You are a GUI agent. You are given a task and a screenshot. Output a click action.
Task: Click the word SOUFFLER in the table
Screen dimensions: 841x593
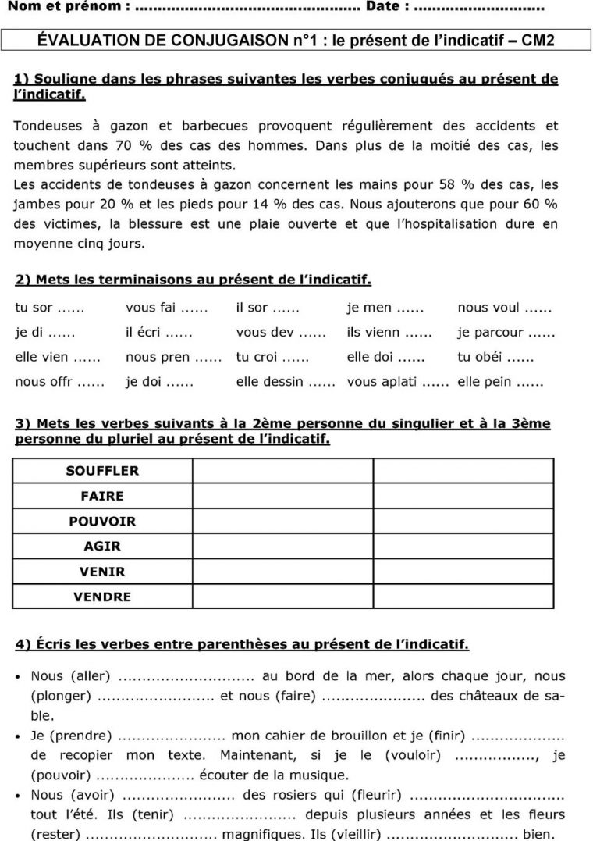102,471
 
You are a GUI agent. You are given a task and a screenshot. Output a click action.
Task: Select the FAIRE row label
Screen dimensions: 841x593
102,496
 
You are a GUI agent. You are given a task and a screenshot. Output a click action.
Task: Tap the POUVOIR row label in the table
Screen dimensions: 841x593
102,521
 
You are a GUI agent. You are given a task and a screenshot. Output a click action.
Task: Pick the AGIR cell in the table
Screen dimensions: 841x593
102,547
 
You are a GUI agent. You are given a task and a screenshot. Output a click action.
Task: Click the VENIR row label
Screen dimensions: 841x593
102,572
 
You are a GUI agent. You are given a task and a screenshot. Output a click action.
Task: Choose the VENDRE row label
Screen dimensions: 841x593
102,597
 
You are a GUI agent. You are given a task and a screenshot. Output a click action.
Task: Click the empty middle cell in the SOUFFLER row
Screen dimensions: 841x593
282,471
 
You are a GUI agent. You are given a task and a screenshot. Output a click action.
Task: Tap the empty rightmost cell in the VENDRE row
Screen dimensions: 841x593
463,597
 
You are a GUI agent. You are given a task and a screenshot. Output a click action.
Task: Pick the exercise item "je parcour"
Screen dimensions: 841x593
490,333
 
